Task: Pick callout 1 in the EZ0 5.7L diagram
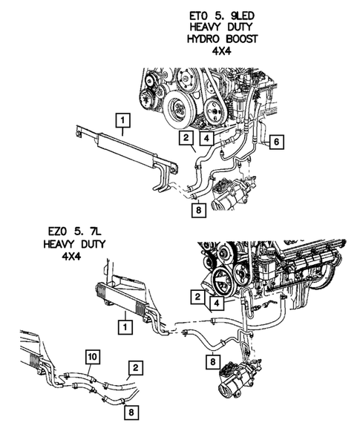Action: point(126,324)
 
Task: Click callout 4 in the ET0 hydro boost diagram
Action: point(206,137)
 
